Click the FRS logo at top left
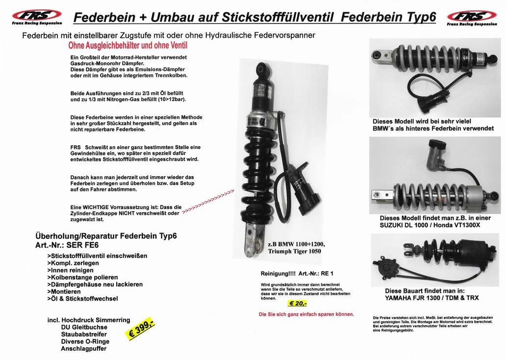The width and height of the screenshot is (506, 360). [37, 18]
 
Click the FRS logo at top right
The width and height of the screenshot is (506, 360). [472, 18]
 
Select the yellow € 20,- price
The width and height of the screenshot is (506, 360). [297, 303]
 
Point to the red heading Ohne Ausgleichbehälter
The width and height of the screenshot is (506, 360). [128, 46]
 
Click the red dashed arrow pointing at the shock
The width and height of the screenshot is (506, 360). [208, 202]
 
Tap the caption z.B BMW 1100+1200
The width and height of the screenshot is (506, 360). [297, 244]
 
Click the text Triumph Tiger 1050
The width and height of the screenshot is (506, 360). [294, 252]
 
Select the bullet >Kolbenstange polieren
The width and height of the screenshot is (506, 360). [82, 277]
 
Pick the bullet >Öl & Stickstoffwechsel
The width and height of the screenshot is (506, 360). [82, 299]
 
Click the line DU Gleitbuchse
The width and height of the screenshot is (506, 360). [84, 328]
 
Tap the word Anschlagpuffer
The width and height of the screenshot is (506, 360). [83, 349]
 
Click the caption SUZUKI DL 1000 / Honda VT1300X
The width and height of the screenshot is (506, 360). [430, 225]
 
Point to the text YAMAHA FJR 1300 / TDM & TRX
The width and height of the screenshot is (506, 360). [432, 298]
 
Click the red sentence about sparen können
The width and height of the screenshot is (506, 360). [306, 314]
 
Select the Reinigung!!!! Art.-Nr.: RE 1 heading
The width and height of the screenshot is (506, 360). [297, 274]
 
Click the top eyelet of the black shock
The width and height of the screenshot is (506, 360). [261, 70]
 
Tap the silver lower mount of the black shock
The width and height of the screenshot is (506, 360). [254, 239]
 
